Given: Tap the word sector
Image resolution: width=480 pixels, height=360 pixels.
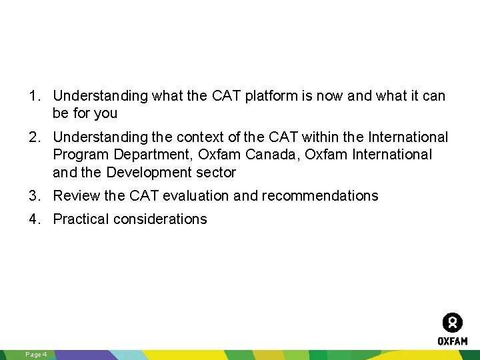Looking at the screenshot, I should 215,173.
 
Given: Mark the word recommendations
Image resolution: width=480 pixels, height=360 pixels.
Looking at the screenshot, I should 320,196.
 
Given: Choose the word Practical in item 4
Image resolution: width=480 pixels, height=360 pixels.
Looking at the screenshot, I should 79,219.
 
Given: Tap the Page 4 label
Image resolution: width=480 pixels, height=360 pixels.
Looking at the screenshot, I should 35,354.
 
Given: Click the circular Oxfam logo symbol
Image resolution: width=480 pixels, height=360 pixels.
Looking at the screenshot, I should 453,323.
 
